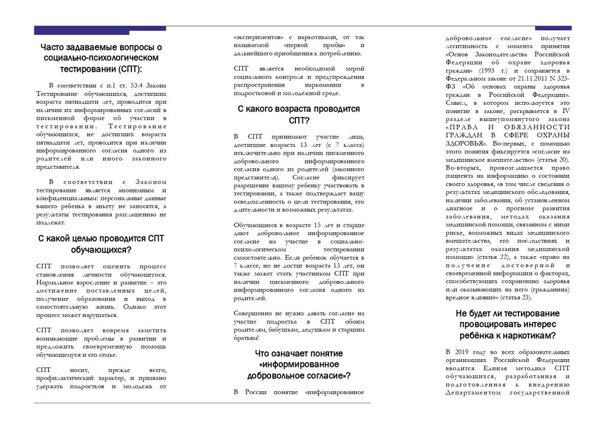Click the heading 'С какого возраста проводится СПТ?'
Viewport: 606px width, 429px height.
[x=299, y=114]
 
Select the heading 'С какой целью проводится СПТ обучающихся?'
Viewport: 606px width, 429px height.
[x=101, y=244]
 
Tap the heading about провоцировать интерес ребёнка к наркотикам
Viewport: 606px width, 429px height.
[x=508, y=324]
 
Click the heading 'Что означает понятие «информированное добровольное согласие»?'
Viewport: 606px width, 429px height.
[x=299, y=364]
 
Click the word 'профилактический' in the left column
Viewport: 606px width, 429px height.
[x=63, y=378]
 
